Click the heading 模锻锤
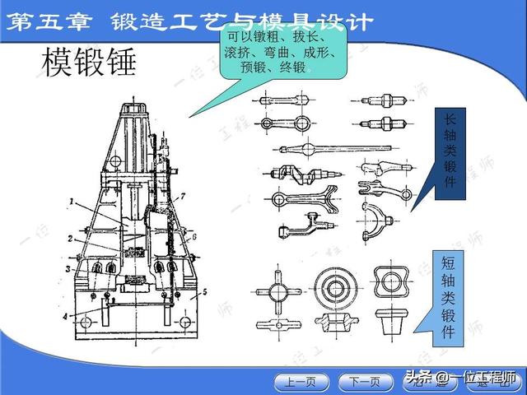pos(87,63)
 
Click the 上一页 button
pos(300,382)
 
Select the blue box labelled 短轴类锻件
pos(449,295)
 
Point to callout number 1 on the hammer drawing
pos(72,201)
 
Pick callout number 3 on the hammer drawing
pos(69,268)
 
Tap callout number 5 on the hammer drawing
pos(205,292)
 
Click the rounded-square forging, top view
pos(392,282)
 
